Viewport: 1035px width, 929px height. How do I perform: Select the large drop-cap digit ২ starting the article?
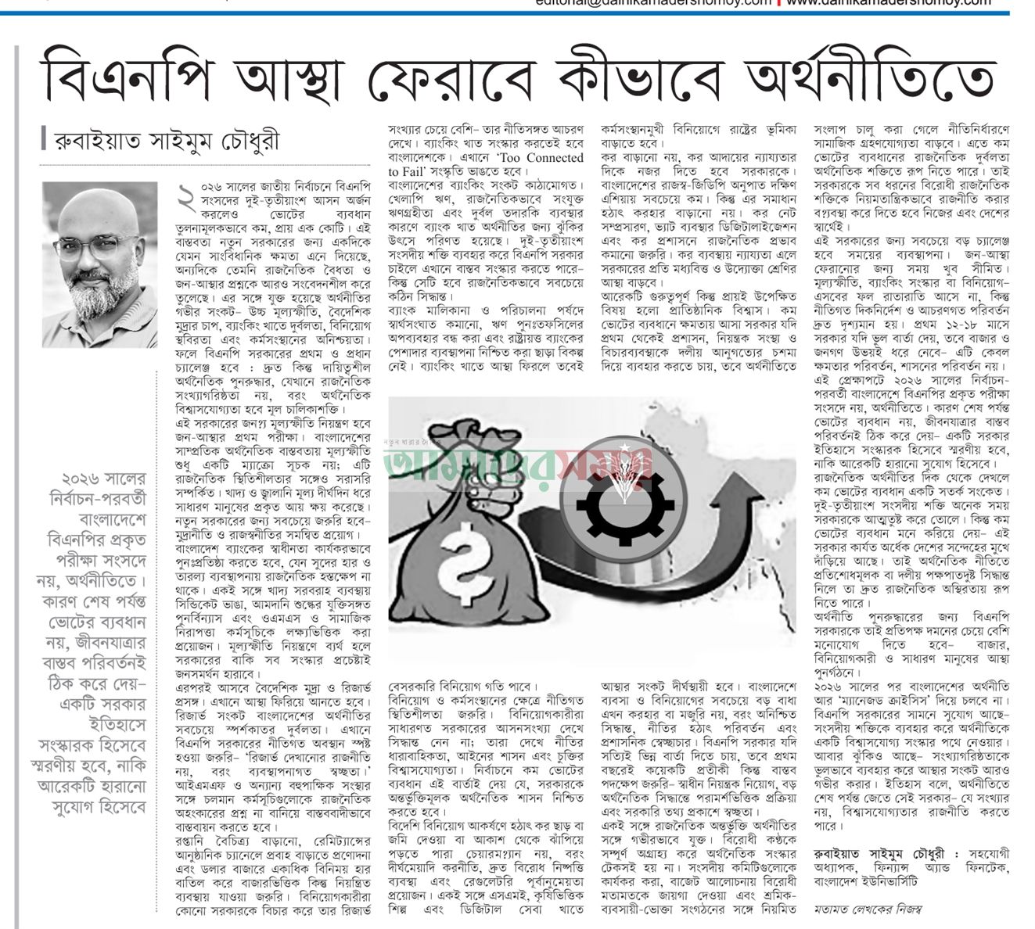click(x=185, y=202)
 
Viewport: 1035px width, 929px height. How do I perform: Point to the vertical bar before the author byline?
click(x=44, y=141)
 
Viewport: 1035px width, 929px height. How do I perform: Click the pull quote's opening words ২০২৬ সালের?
click(x=106, y=478)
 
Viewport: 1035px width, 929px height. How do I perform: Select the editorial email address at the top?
click(x=654, y=4)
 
